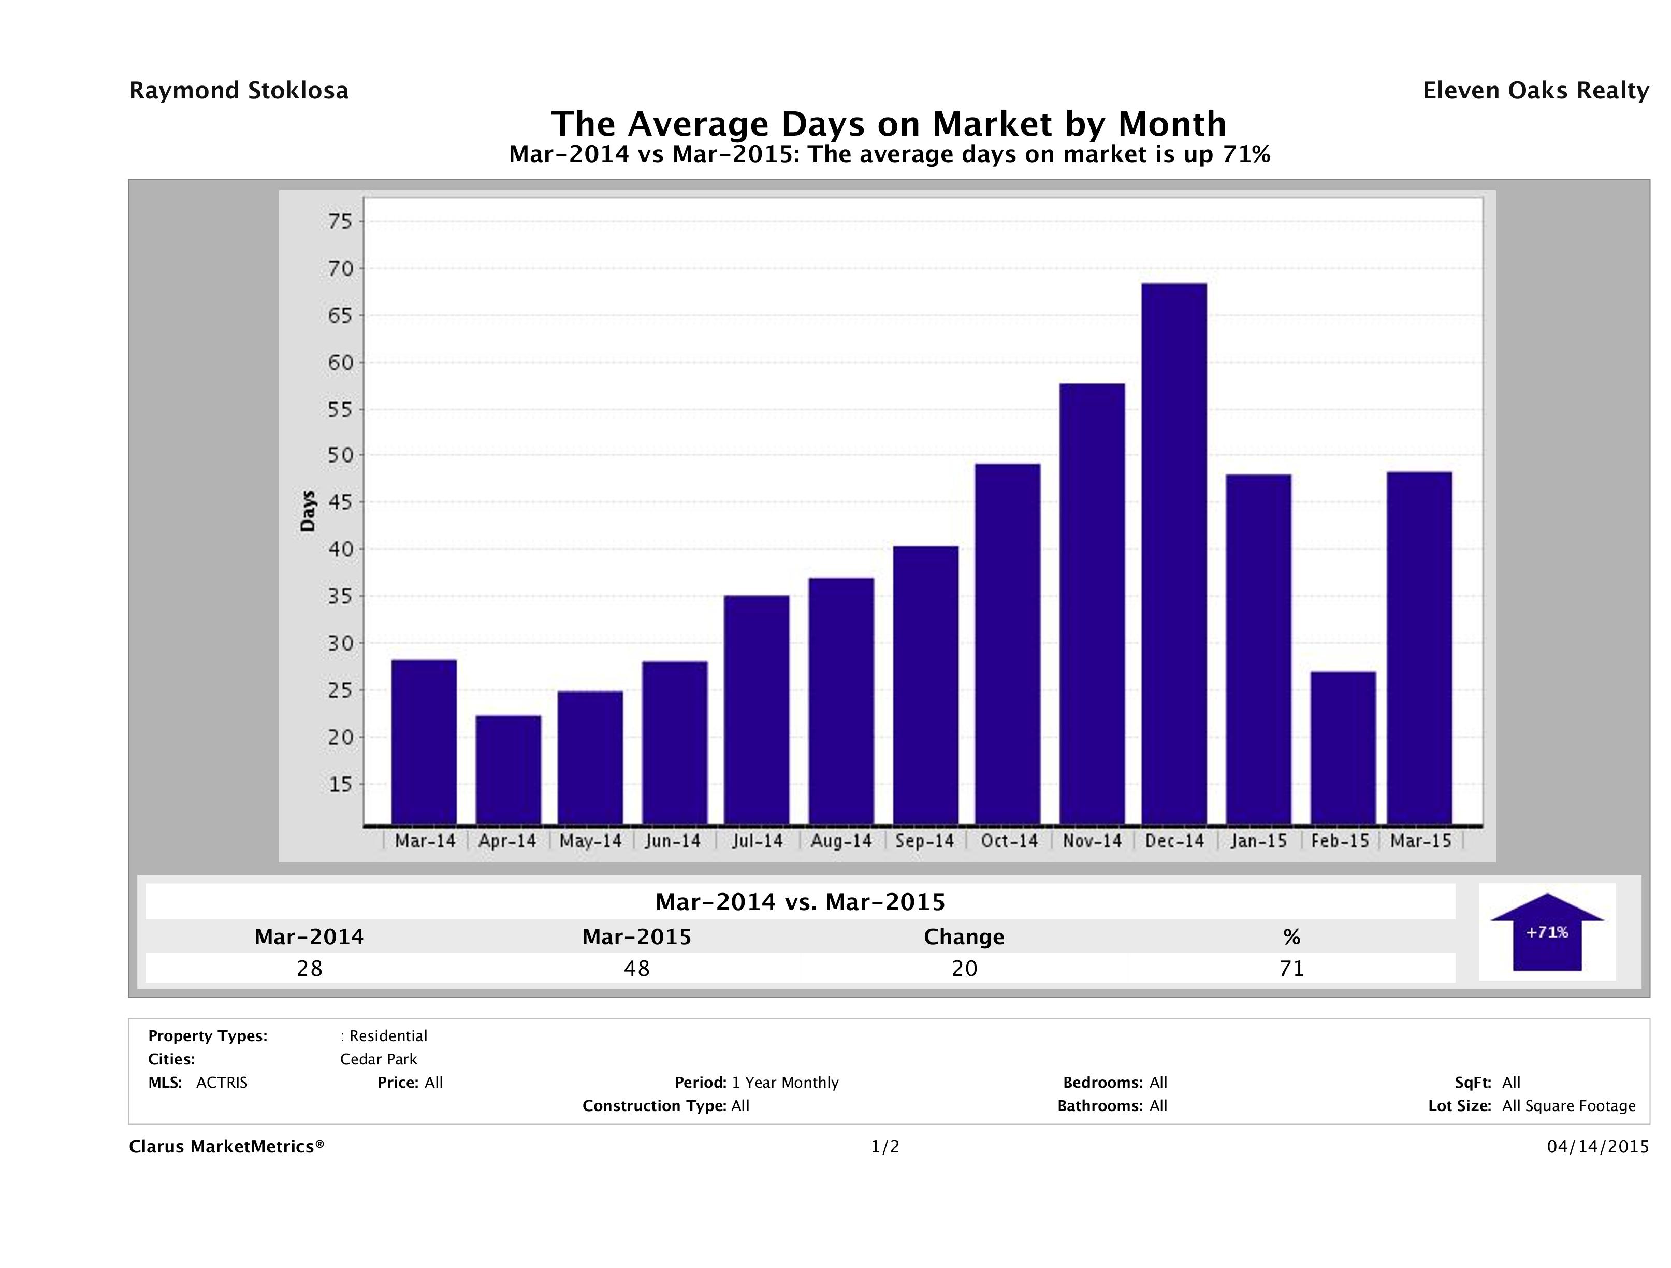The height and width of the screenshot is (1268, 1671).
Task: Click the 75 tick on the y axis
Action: [341, 221]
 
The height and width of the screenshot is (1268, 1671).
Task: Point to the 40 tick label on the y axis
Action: [341, 550]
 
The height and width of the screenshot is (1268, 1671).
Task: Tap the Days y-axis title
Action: [308, 511]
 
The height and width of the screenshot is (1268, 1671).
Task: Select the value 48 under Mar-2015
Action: [637, 968]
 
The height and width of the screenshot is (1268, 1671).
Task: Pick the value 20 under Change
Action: [964, 968]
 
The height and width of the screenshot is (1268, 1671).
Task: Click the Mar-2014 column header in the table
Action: [309, 937]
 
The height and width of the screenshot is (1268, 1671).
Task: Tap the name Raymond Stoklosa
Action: [239, 91]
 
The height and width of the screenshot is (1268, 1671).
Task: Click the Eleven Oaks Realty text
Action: [1535, 91]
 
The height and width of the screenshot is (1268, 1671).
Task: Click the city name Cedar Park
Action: [379, 1059]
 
